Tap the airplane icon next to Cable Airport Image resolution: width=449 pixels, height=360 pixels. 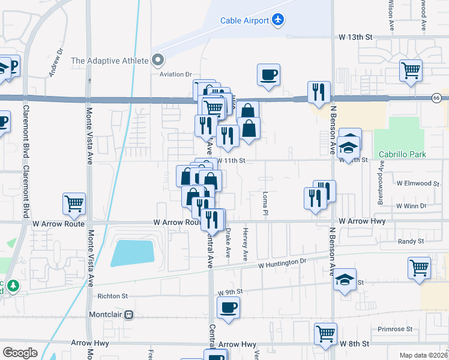277,20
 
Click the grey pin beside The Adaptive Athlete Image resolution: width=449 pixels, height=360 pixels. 158,59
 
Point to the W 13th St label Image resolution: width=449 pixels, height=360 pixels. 355,37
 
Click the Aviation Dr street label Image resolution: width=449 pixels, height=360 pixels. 175,74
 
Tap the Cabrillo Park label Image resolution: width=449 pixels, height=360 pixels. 402,154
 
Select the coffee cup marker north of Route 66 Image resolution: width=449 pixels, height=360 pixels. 269,76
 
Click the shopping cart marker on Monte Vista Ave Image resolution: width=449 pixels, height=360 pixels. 74,205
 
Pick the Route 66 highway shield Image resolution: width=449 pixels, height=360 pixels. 436,98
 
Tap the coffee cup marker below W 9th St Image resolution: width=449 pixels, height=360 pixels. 228,309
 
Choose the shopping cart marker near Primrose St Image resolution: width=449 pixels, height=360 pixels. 326,334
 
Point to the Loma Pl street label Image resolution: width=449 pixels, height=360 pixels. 265,203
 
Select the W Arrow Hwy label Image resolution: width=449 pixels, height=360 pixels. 361,221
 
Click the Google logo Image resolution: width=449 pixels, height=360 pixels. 20,352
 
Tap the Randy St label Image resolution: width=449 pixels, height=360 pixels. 411,241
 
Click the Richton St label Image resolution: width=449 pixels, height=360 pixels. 113,296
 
